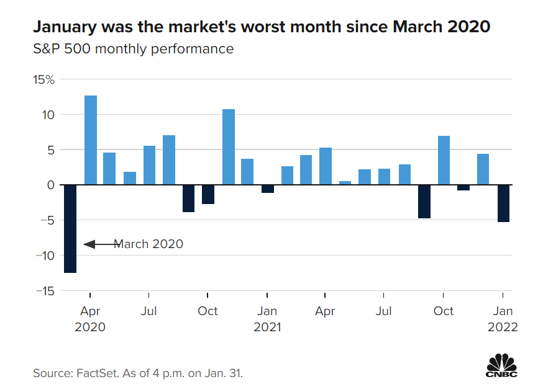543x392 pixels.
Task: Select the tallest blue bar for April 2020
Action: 91,140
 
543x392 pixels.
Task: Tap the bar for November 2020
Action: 228,147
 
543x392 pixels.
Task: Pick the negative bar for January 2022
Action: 503,203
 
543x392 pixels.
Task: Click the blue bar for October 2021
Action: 444,160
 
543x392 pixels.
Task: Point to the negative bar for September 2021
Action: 424,202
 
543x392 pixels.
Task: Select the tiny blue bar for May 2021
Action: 345,182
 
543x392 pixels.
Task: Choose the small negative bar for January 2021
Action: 267,189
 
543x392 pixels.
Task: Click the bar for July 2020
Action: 149,165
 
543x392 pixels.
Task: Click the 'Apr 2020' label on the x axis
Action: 91,319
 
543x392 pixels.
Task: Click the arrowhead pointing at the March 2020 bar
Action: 88,244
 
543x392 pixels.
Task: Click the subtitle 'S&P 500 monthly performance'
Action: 133,48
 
